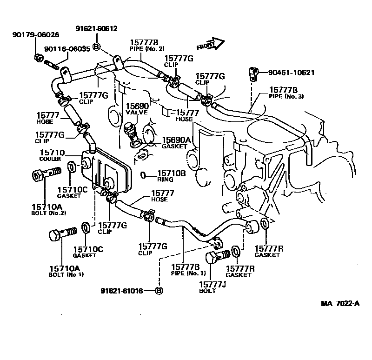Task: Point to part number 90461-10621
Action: pyautogui.click(x=292, y=73)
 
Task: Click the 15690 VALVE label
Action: pyautogui.click(x=136, y=109)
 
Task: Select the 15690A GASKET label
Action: pyautogui.click(x=176, y=142)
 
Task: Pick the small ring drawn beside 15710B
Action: pyautogui.click(x=144, y=175)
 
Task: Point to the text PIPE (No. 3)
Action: pyautogui.click(x=286, y=96)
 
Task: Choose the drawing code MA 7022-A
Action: pyautogui.click(x=340, y=304)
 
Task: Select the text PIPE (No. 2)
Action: pyautogui.click(x=145, y=48)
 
